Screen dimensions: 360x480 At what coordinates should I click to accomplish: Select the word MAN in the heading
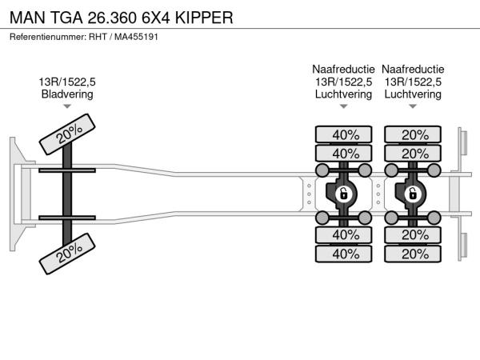click(x=28, y=17)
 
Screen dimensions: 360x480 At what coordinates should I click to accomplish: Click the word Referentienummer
click(x=45, y=38)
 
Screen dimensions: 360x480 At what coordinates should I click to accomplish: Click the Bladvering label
click(x=67, y=94)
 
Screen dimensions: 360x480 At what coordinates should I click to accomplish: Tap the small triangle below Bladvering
click(x=67, y=106)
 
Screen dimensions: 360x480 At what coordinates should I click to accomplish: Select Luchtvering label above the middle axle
click(x=344, y=94)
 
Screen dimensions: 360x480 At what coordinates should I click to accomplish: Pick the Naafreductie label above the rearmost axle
click(x=412, y=69)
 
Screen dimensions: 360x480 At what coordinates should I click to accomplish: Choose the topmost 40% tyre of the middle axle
click(x=345, y=134)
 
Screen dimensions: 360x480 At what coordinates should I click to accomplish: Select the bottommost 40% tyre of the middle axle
click(x=345, y=254)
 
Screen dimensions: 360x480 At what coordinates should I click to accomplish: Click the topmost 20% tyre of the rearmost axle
click(x=414, y=134)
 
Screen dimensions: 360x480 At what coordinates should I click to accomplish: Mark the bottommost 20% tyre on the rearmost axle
click(x=414, y=254)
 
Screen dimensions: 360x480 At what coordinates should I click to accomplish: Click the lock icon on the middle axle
click(x=344, y=193)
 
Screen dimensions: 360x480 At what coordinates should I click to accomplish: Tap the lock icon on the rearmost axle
click(x=413, y=193)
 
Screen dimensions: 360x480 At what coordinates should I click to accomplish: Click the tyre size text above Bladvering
click(x=67, y=82)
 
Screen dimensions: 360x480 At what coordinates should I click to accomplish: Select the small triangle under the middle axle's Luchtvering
click(x=344, y=106)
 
